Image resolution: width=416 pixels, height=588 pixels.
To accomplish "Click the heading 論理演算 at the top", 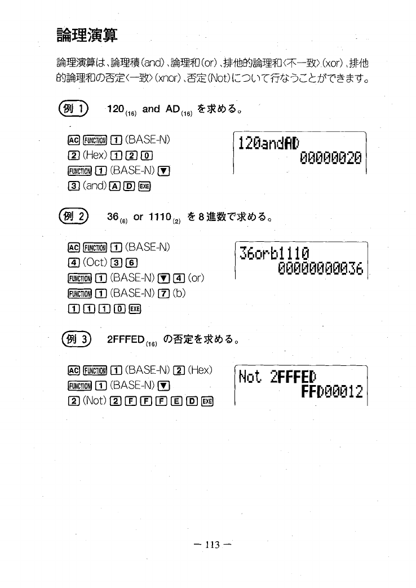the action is pos(87,35).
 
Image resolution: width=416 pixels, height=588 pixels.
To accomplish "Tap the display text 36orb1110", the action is pos(275,253).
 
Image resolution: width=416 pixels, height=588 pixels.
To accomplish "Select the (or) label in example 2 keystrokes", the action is pos(193,277).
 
